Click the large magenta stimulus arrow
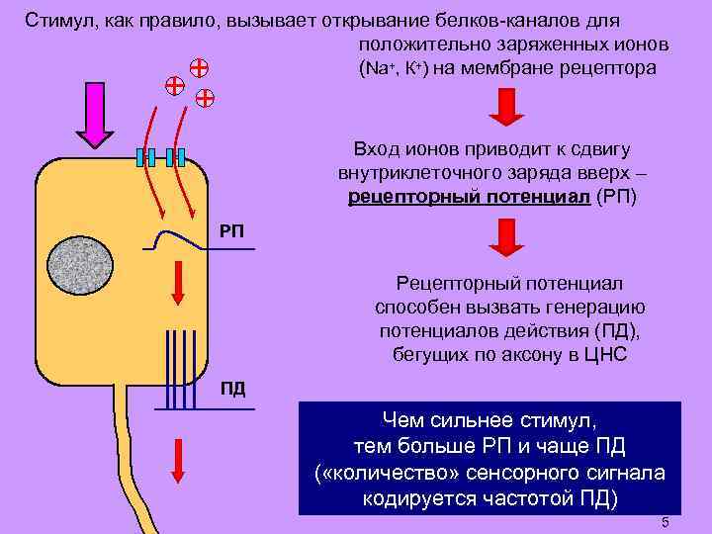[x=93, y=109]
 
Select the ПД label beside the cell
[x=231, y=387]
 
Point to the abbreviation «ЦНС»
[x=605, y=355]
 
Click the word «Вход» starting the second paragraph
[x=376, y=149]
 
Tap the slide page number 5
[x=666, y=522]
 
